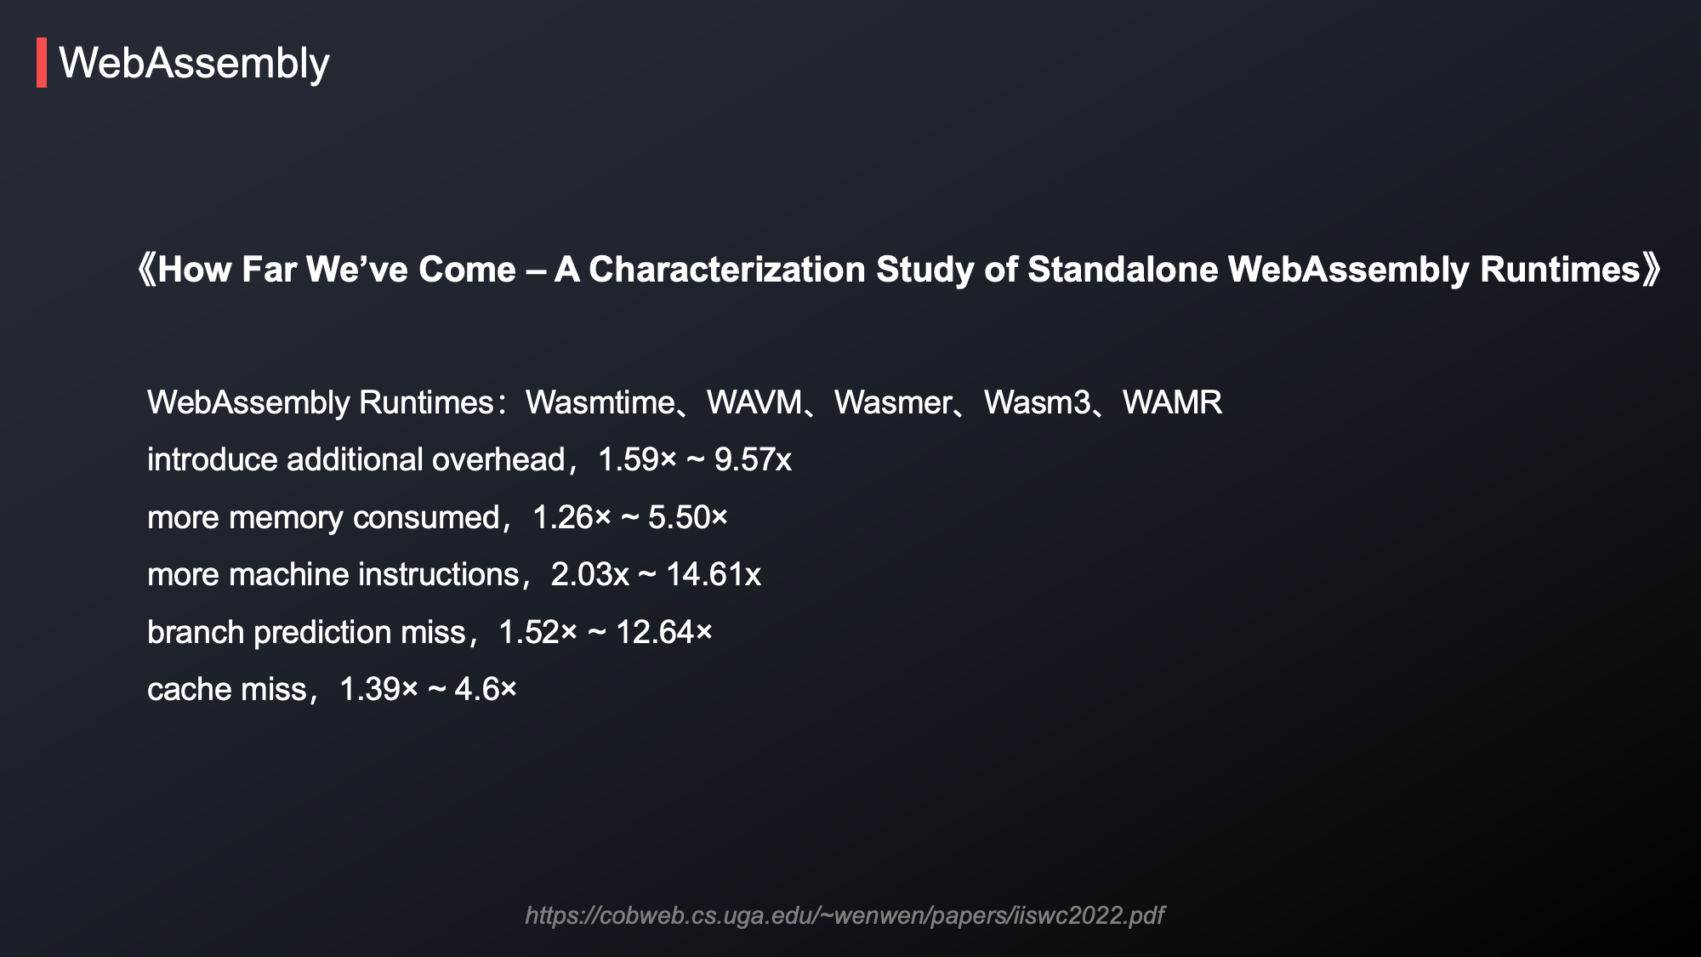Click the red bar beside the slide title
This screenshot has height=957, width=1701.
(42, 62)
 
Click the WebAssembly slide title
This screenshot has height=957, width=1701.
(194, 64)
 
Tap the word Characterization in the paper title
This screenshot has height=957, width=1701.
(727, 270)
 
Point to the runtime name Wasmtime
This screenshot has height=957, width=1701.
(600, 402)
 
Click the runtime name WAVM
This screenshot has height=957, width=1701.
(754, 402)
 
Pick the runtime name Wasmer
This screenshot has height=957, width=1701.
(893, 402)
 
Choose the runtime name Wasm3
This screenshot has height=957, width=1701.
(1037, 402)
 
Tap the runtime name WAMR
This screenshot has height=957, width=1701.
(1172, 402)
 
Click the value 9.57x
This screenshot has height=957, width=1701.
(753, 460)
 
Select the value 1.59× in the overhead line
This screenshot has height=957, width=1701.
(637, 460)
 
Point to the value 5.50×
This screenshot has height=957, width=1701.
(688, 517)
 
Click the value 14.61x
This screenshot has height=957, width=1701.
(713, 575)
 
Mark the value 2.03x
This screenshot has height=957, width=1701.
(590, 575)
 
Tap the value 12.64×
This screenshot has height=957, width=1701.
(664, 632)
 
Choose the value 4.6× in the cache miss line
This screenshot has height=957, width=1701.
(486, 690)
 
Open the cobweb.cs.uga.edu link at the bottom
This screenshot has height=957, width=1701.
(845, 915)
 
